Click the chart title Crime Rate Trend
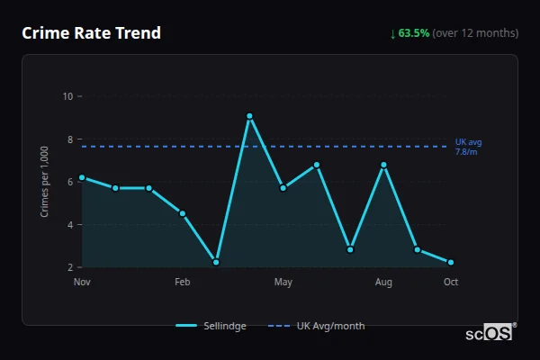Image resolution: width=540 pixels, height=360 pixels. [x=91, y=33]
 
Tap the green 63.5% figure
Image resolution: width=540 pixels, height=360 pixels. [x=414, y=33]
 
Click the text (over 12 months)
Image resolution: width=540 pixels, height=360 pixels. [x=475, y=33]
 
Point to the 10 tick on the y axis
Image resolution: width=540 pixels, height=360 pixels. [x=67, y=96]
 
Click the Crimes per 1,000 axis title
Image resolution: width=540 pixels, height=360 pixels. [x=45, y=183]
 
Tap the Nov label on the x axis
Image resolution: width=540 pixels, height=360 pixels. [x=82, y=283]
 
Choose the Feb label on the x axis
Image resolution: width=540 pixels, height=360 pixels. [x=183, y=283]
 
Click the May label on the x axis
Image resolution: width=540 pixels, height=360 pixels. [x=283, y=283]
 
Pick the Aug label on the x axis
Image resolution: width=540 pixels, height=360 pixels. [x=383, y=283]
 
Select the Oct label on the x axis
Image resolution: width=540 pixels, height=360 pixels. [x=451, y=283]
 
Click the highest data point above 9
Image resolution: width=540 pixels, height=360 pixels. [x=249, y=116]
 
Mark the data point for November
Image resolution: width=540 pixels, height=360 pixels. [x=82, y=177]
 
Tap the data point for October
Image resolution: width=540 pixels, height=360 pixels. [x=451, y=262]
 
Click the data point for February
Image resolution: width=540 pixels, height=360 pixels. [x=183, y=213]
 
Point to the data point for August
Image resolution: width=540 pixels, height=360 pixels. [x=383, y=165]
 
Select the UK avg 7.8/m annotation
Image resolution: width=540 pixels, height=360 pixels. [x=469, y=146]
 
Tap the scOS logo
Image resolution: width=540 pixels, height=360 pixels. [x=490, y=333]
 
